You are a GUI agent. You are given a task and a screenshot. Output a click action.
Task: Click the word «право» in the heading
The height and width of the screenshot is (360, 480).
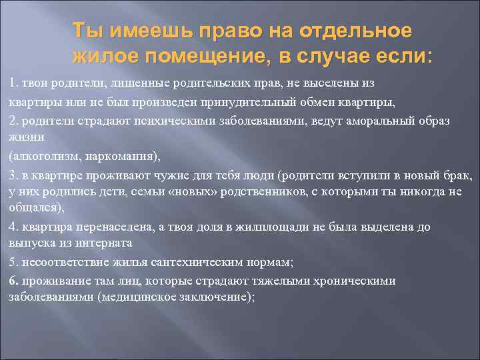pyautogui.click(x=223, y=31)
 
